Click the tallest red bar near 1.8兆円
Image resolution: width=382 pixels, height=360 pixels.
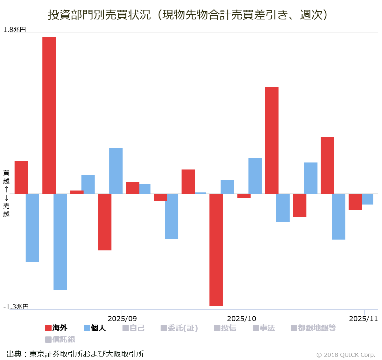click(x=49, y=115)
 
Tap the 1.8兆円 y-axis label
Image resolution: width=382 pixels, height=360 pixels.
click(x=15, y=30)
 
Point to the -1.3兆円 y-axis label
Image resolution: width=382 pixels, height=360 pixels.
click(x=16, y=307)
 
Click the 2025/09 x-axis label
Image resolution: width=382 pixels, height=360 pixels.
click(x=122, y=319)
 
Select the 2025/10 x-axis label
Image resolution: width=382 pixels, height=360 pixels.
click(x=242, y=319)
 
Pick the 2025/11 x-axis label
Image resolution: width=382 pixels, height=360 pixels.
click(x=363, y=319)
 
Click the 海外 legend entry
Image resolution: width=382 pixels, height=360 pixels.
click(x=56, y=328)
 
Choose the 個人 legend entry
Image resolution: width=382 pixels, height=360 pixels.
click(x=95, y=328)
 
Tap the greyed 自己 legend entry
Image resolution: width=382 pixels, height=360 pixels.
click(x=133, y=328)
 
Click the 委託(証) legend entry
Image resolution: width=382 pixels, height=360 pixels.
click(x=179, y=328)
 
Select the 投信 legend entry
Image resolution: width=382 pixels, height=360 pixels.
click(x=225, y=328)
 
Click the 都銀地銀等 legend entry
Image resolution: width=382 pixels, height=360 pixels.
click(x=314, y=328)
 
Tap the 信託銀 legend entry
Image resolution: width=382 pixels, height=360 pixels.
click(x=60, y=339)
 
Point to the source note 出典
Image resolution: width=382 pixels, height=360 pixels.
click(x=75, y=354)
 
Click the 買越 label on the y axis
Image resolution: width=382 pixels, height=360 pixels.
click(x=6, y=177)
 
